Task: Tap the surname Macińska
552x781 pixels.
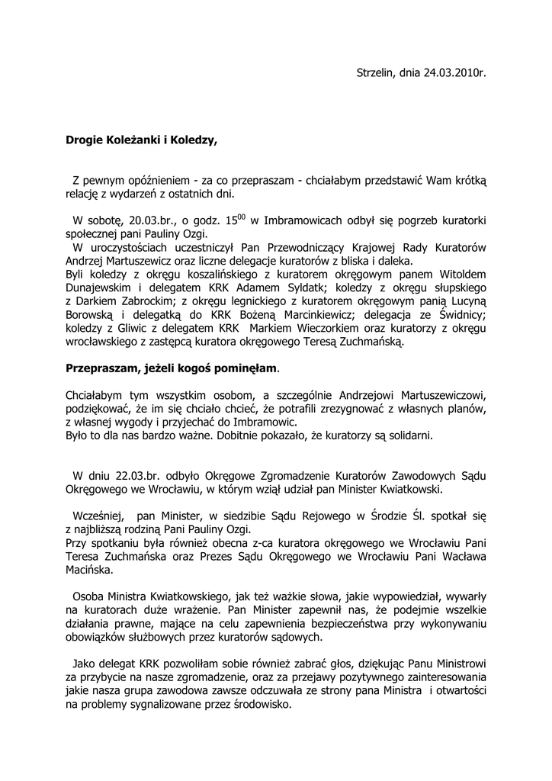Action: point(89,570)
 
